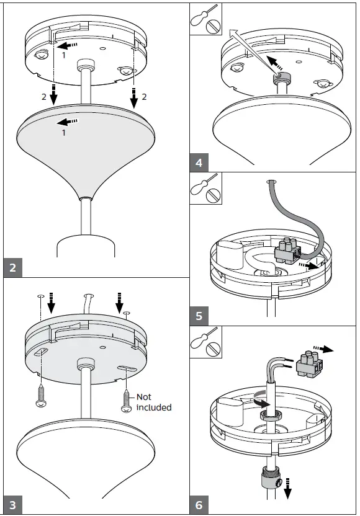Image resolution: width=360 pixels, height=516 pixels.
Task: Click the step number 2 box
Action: [x=13, y=268]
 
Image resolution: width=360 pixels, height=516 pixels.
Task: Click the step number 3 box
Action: [x=13, y=505]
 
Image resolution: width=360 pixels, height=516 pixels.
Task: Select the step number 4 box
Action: [x=199, y=164]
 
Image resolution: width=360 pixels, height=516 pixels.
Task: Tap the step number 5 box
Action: [x=199, y=316]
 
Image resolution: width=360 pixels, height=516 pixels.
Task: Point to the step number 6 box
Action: [x=199, y=505]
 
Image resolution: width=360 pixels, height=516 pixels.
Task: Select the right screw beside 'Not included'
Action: [x=127, y=401]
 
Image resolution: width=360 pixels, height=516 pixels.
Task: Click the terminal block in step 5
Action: [x=287, y=249]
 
